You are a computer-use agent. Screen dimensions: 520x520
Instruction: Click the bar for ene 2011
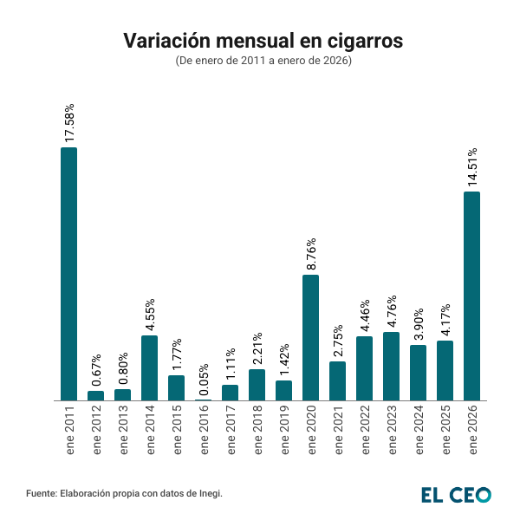68,274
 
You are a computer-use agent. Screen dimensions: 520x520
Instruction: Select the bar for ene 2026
472,296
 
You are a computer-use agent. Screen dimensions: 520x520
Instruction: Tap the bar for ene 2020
310,337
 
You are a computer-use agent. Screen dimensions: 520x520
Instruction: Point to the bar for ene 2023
391,366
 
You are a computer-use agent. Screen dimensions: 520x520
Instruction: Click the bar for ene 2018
257,385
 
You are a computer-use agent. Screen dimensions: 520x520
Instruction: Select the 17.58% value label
69,122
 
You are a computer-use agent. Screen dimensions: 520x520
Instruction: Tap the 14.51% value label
472,166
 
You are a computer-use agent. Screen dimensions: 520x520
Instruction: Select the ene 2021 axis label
338,432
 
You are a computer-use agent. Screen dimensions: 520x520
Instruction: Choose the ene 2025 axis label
445,432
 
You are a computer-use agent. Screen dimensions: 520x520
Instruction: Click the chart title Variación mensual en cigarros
263,41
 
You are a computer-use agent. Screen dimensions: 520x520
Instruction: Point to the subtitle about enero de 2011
263,62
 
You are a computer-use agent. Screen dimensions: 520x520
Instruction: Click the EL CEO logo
456,494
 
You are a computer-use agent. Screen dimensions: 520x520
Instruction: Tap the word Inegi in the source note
209,493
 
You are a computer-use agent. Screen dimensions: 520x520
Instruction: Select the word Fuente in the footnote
41,493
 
